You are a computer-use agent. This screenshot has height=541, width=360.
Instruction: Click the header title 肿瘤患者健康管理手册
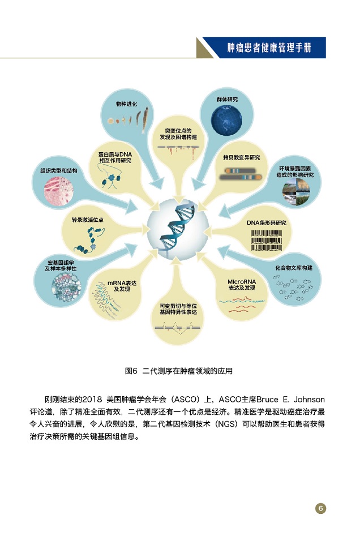pyautogui.click(x=269, y=48)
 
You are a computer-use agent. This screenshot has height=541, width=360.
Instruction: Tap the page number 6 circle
pyautogui.click(x=320, y=508)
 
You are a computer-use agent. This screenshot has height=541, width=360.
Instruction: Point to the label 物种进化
pyautogui.click(x=126, y=104)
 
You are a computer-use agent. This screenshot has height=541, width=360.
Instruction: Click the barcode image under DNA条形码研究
pyautogui.click(x=266, y=241)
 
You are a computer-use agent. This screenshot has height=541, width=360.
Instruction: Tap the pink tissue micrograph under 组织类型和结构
pyautogui.click(x=59, y=191)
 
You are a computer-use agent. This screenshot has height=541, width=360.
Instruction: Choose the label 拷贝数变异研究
pyautogui.click(x=241, y=158)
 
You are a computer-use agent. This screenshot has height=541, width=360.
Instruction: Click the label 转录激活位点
pyautogui.click(x=87, y=220)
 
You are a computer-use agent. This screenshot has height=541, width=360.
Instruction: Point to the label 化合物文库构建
pyautogui.click(x=294, y=268)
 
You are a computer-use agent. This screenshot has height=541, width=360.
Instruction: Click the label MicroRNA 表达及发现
pyautogui.click(x=242, y=285)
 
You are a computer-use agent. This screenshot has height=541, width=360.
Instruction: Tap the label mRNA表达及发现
pyautogui.click(x=122, y=286)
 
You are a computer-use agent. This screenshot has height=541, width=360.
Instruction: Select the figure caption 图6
pyautogui.click(x=131, y=371)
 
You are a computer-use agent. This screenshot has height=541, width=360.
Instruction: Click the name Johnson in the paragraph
pyautogui.click(x=309, y=400)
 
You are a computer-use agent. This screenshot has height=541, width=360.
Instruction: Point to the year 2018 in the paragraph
pyautogui.click(x=92, y=400)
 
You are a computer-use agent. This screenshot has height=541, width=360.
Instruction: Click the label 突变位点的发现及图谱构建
pyautogui.click(x=178, y=134)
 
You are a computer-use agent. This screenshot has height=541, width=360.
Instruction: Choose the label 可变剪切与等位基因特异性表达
pyautogui.click(x=178, y=309)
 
